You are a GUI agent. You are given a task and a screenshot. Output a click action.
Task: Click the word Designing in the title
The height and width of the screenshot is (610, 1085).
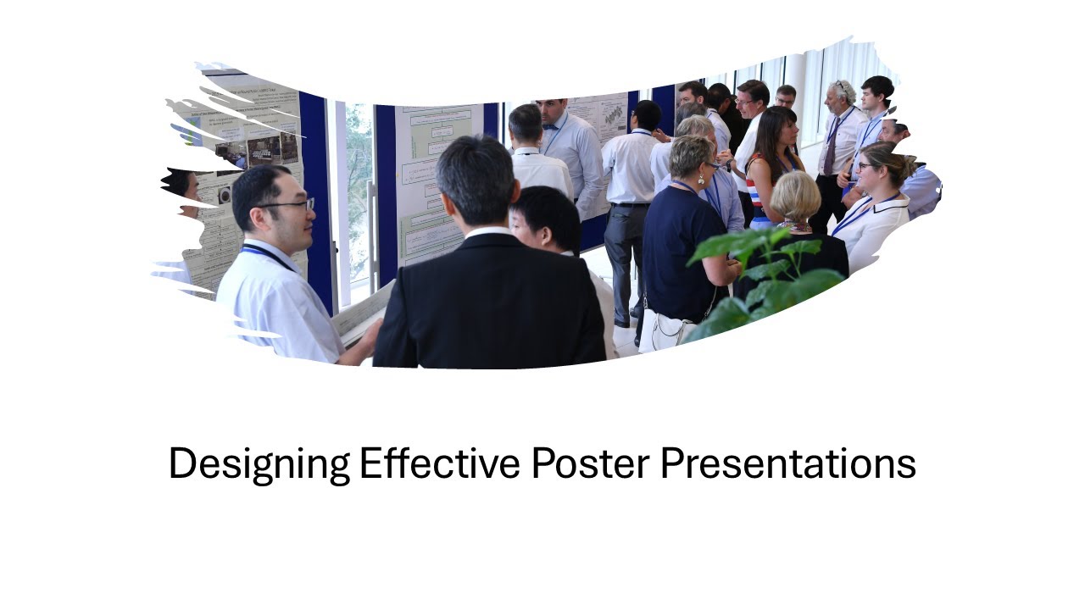pyautogui.click(x=258, y=464)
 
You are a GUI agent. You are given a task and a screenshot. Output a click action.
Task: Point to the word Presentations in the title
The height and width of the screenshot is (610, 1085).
pyautogui.click(x=787, y=464)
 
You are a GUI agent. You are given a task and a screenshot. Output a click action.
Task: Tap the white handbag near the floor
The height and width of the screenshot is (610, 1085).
pyautogui.click(x=665, y=330)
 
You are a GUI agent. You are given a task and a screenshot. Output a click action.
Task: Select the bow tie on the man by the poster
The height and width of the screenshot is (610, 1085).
pyautogui.click(x=552, y=127)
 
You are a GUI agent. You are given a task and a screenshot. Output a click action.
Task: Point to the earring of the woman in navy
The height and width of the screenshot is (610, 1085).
pyautogui.click(x=701, y=180)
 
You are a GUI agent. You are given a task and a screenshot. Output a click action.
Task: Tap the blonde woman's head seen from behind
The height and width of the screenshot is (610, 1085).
pyautogui.click(x=794, y=196)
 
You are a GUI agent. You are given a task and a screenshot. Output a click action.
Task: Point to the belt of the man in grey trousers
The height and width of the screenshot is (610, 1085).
pyautogui.click(x=628, y=204)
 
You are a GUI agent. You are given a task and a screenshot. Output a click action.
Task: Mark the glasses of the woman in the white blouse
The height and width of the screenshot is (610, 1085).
pyautogui.click(x=866, y=166)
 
